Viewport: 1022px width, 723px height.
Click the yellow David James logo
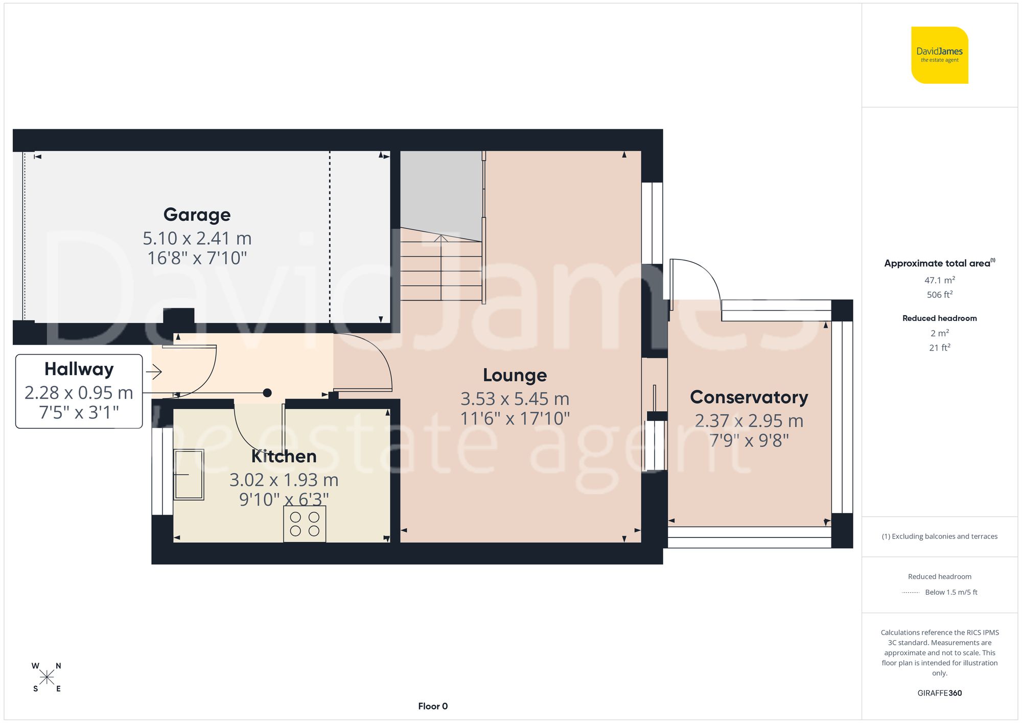coord(939,55)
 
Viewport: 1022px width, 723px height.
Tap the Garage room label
coord(197,215)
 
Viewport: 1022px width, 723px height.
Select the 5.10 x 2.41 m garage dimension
coord(197,238)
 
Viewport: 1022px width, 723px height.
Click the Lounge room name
coord(515,375)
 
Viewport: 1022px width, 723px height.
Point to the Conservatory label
coord(749,397)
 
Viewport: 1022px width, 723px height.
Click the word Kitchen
coord(284,456)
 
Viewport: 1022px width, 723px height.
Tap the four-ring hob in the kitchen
coord(305,524)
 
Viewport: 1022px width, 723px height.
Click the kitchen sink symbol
coord(189,475)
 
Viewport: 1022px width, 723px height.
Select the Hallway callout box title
coord(79,369)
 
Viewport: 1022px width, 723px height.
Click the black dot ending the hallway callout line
coord(267,393)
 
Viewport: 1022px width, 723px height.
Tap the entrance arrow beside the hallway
coord(154,371)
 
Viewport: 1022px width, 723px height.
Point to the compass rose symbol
coord(47,678)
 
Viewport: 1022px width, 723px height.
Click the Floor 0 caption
coord(433,706)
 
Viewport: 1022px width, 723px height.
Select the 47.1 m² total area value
coord(939,280)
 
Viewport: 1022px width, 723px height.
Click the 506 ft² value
coord(939,295)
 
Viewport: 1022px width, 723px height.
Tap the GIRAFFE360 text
coord(939,693)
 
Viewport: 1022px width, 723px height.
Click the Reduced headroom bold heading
coord(939,318)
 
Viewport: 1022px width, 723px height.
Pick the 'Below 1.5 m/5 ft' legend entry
coord(950,592)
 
